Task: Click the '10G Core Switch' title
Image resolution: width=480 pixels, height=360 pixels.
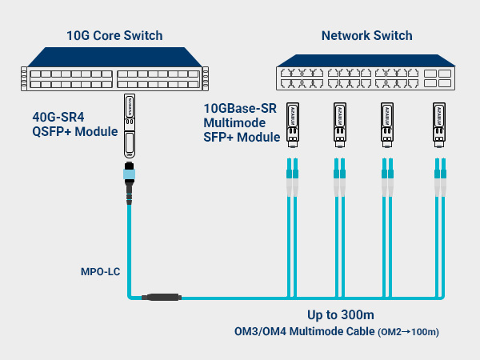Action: click(114, 35)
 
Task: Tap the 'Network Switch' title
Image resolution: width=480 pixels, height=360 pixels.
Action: click(366, 35)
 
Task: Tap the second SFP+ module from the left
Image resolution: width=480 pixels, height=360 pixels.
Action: click(340, 125)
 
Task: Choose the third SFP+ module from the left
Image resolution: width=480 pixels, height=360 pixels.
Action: click(388, 125)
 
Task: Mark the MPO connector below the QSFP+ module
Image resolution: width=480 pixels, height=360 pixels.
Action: click(129, 180)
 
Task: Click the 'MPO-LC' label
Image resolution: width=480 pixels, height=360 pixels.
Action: click(100, 271)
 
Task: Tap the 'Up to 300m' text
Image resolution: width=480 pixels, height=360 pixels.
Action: click(341, 314)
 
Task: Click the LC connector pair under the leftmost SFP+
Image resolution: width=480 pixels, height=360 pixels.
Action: click(291, 178)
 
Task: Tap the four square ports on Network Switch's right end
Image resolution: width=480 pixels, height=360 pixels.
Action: click(436, 77)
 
